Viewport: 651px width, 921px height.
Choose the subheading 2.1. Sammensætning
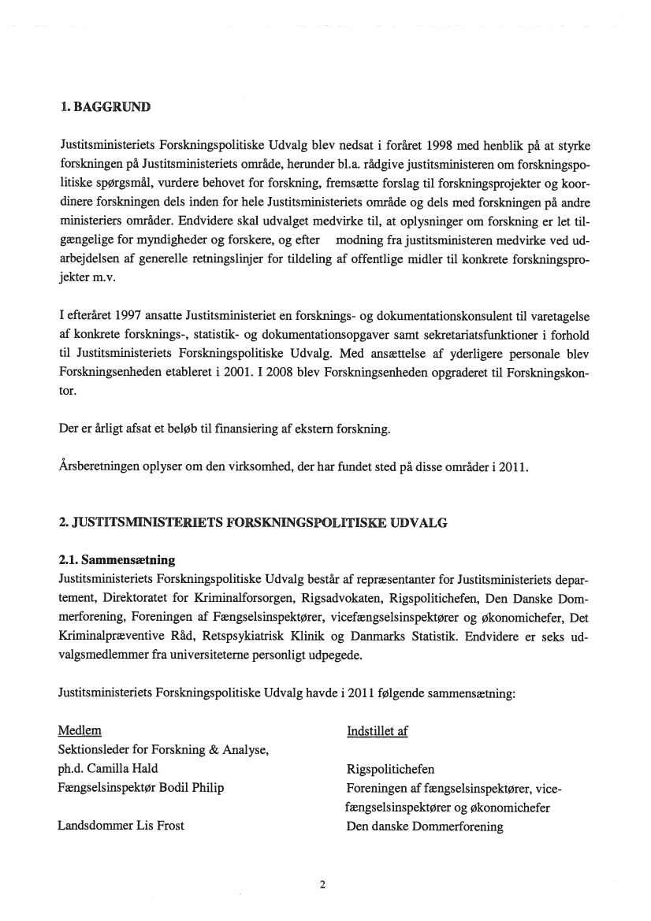click(117, 560)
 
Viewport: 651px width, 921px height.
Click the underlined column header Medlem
click(80, 731)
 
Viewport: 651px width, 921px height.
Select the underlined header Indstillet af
click(377, 731)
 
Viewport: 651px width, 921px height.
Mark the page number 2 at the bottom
click(322, 884)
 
